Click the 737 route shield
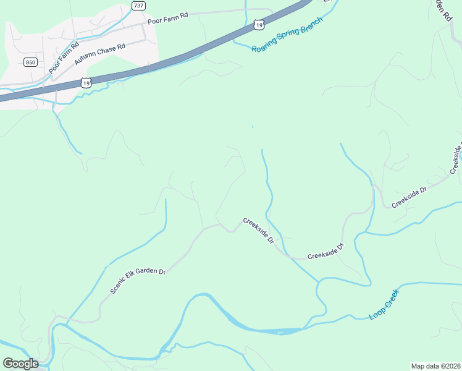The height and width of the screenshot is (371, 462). [x=139, y=6]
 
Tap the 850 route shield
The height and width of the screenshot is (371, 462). [x=30, y=62]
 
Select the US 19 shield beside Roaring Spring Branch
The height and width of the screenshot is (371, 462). [x=258, y=24]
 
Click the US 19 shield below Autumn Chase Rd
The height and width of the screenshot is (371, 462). [x=86, y=82]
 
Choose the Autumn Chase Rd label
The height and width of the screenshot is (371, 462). [x=99, y=54]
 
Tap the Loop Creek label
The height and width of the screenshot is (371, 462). [x=385, y=304]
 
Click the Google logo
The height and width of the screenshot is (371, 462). [x=20, y=363]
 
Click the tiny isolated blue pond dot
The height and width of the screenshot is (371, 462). [x=252, y=127]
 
